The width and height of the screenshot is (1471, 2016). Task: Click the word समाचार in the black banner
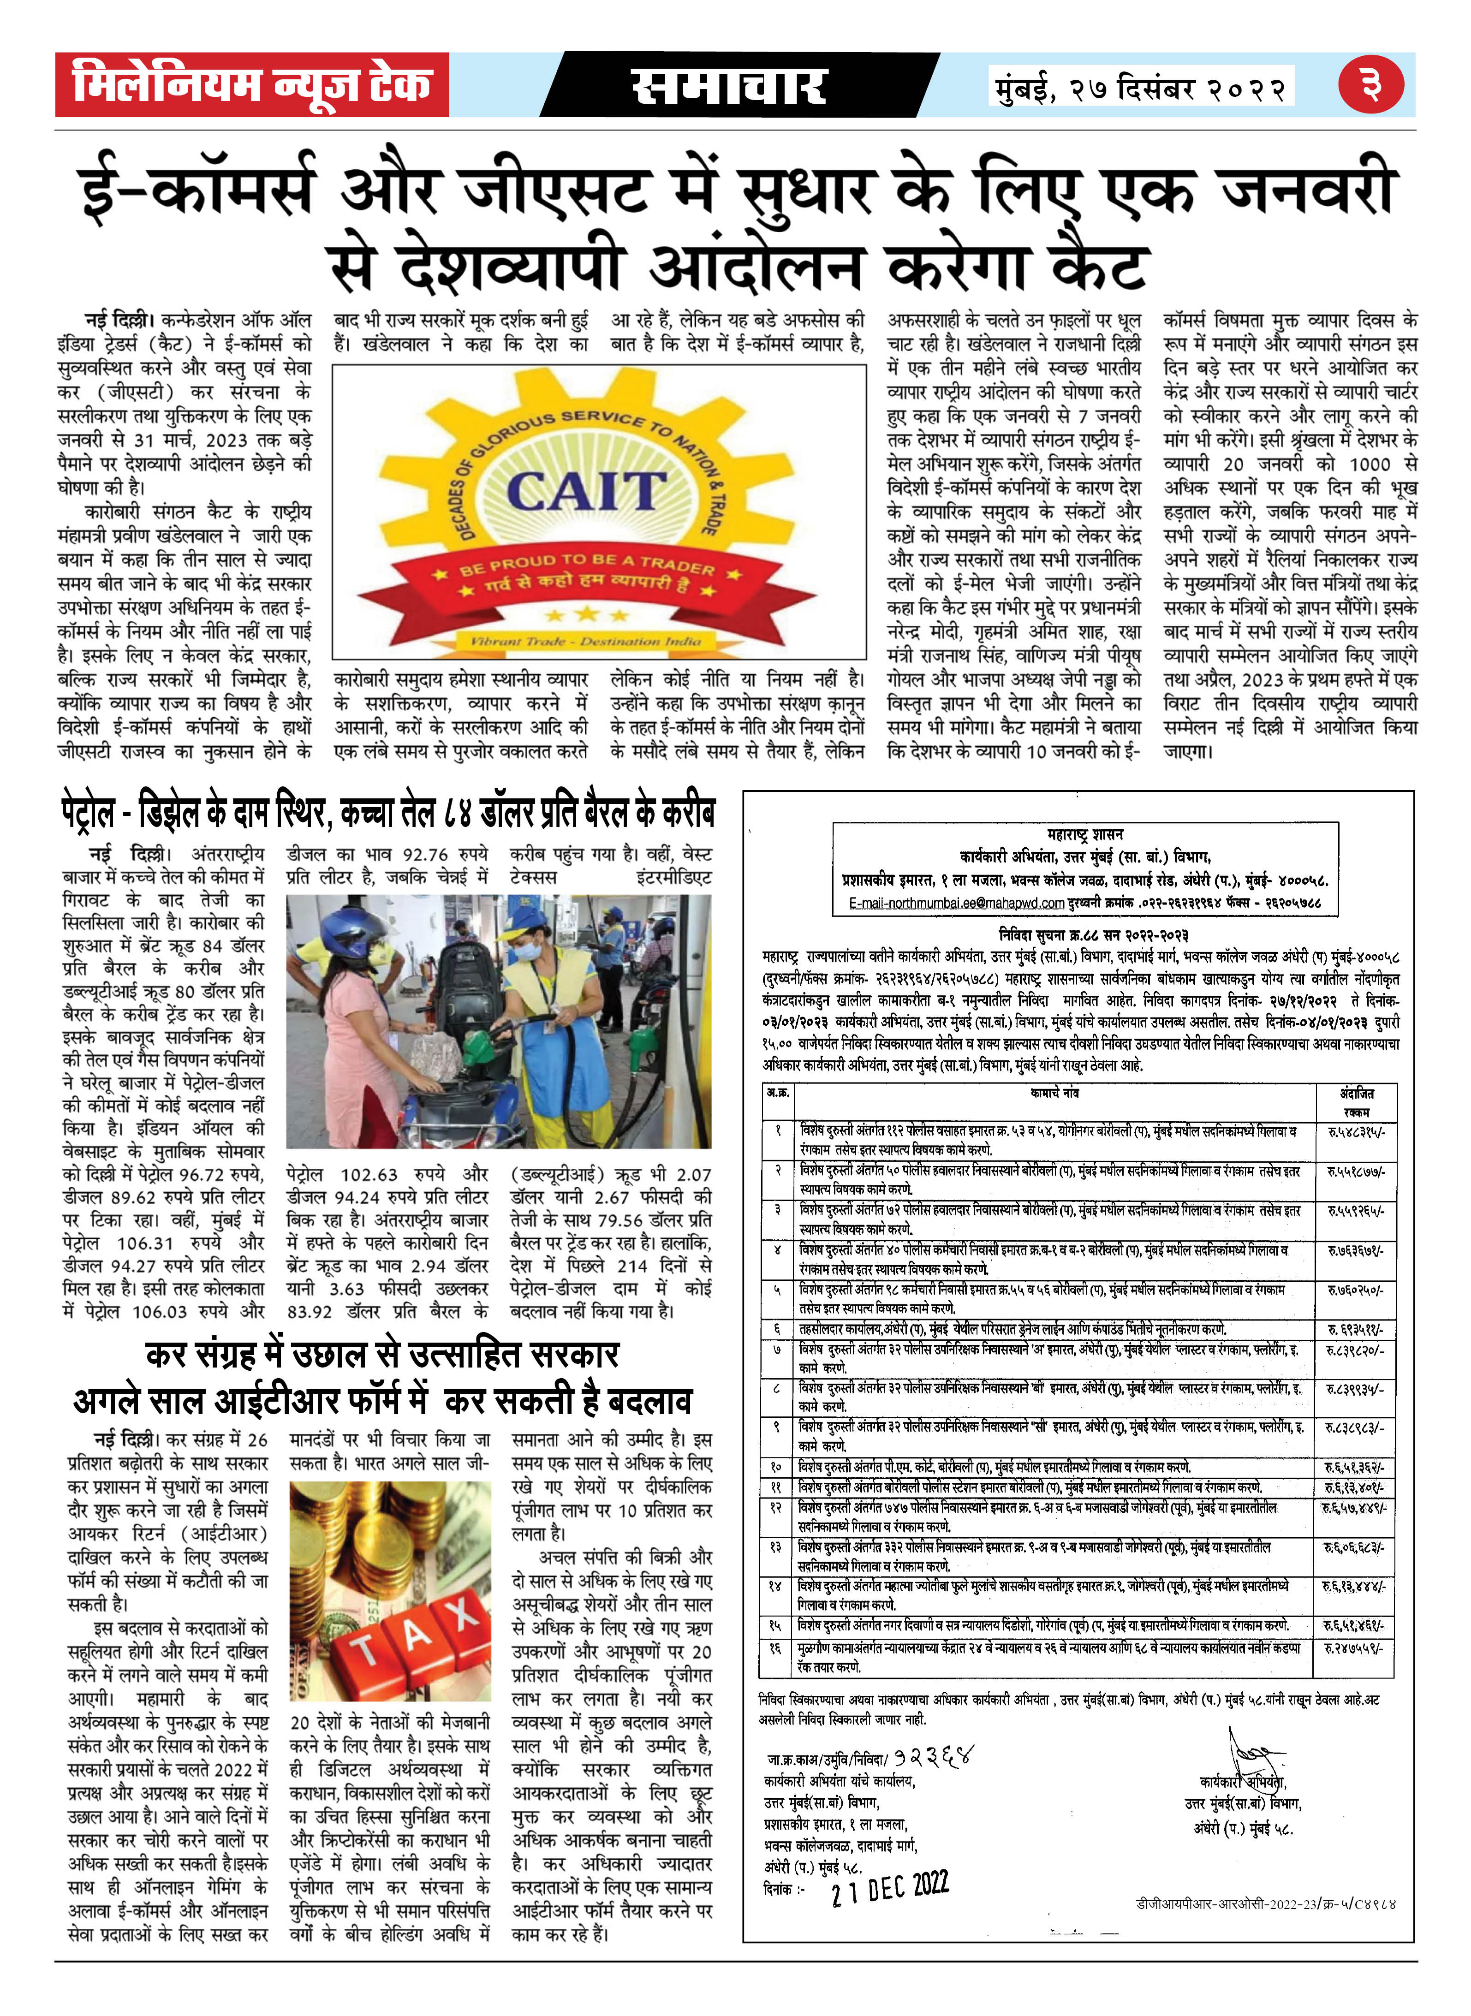(x=728, y=86)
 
